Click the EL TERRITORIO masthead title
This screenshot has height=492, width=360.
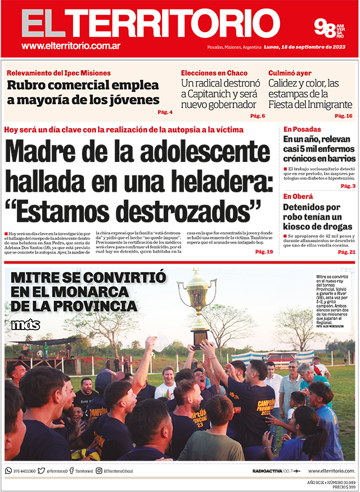coord(151,24)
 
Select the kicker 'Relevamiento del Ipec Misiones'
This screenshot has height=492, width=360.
coord(58,73)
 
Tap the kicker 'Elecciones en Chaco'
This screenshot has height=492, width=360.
coord(214,73)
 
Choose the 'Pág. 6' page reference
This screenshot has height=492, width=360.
coord(258,116)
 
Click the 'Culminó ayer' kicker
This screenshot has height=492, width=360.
coord(290,73)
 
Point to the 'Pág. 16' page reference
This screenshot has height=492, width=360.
coord(344,116)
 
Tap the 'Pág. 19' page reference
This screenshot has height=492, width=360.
coord(264,251)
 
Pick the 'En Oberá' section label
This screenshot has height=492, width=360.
coord(299,196)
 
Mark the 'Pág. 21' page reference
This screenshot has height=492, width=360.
coord(346,252)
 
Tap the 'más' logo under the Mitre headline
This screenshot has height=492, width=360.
coord(25,325)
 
